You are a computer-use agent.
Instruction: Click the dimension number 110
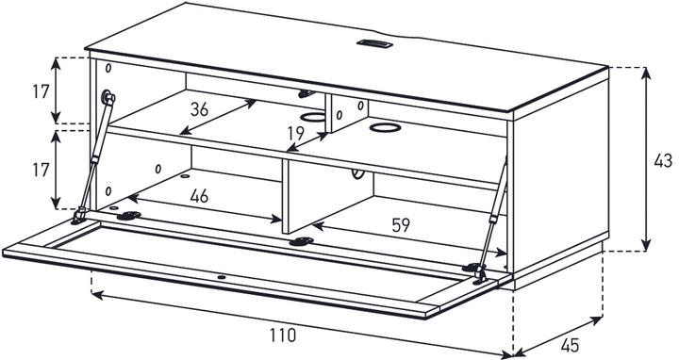(x=281, y=334)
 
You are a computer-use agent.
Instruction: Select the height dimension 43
(x=663, y=161)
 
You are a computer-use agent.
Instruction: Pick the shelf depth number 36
(x=198, y=108)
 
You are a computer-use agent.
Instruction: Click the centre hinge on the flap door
(x=301, y=242)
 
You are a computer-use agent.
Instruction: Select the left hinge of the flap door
(x=128, y=215)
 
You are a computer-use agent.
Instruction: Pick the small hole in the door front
(x=221, y=278)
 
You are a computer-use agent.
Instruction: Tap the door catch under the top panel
(x=304, y=93)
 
